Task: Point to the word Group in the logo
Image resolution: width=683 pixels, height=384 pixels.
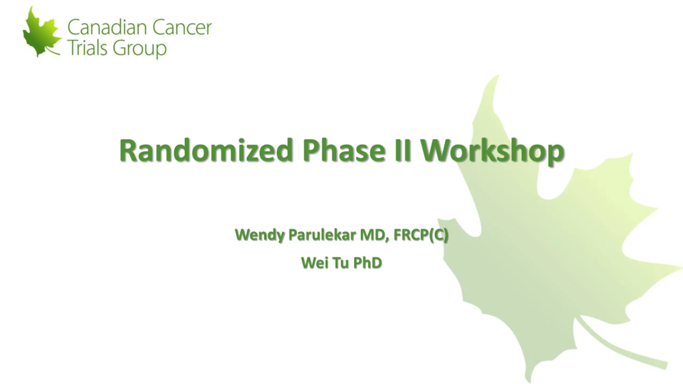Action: (x=140, y=50)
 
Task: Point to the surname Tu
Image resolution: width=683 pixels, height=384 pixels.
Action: (x=341, y=263)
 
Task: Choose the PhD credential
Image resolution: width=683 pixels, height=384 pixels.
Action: (x=368, y=263)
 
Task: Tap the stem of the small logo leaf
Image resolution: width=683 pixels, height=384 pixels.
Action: (x=52, y=51)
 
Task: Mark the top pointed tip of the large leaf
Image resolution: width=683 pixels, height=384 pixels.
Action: (x=498, y=75)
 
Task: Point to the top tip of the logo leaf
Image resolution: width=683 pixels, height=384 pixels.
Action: (x=32, y=7)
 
